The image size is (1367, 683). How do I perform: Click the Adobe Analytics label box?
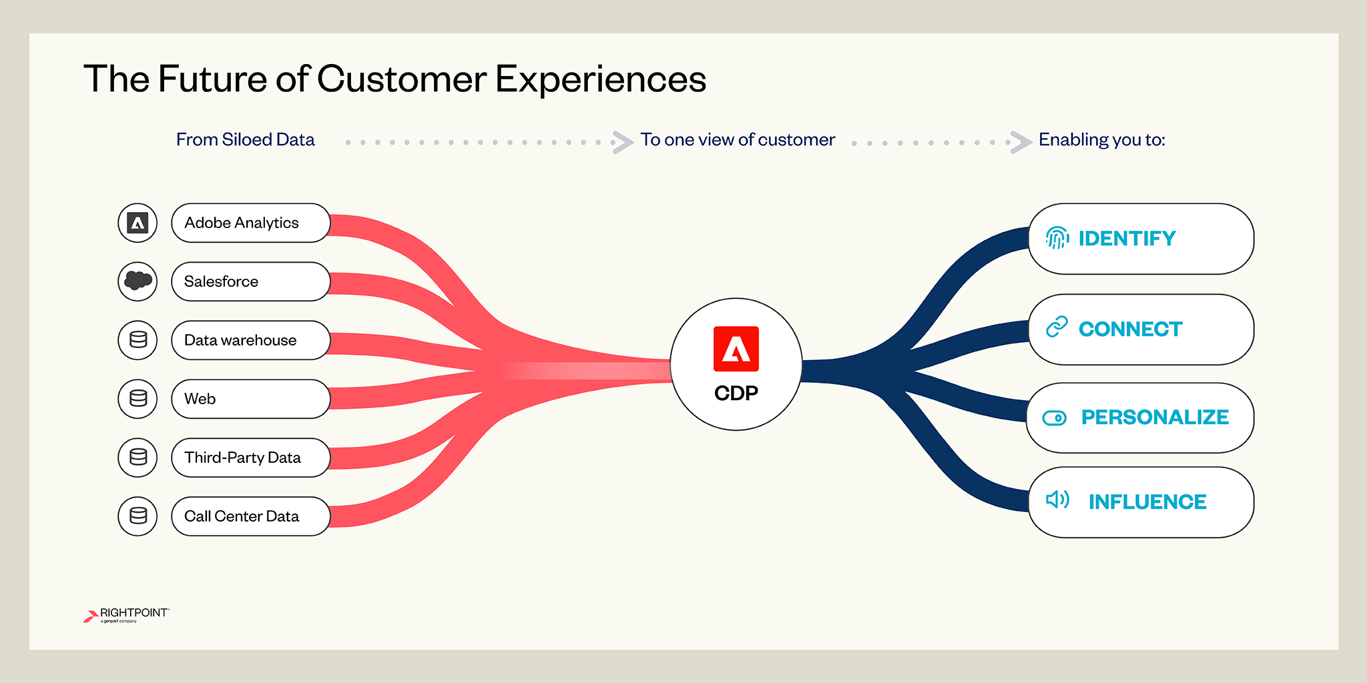250,223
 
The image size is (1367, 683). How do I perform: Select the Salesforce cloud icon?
138,281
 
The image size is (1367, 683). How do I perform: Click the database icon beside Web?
138,398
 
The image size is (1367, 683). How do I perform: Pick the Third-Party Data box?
250,458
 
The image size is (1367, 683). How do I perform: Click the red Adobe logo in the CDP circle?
736,348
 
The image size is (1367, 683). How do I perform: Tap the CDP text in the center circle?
736,393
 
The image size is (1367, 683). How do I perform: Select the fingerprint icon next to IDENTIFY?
1057,237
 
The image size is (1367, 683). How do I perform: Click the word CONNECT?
1130,329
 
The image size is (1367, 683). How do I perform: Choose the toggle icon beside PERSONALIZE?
1055,418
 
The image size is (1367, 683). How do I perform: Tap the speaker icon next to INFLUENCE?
1057,500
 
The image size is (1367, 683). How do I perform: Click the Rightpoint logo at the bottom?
127,614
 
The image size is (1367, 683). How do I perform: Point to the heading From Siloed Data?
245,139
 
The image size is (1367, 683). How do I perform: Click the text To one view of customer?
737,139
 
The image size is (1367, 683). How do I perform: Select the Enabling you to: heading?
1101,139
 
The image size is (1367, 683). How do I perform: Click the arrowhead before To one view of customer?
623,142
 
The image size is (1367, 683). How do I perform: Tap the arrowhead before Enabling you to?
1021,142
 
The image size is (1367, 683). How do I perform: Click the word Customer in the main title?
402,79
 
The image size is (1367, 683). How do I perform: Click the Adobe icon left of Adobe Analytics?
138,223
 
